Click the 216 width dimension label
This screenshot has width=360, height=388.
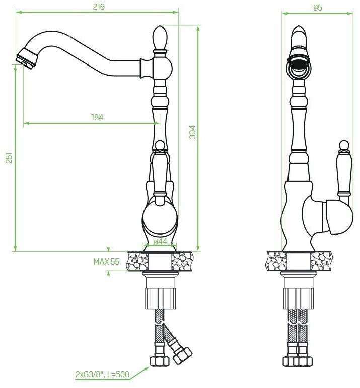99,7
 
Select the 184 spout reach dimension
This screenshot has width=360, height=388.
97,117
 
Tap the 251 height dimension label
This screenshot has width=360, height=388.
9,158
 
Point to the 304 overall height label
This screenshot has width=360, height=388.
192,132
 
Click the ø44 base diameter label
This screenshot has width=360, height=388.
160,241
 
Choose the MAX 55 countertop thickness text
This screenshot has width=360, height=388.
106,262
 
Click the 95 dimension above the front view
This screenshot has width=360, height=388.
318,8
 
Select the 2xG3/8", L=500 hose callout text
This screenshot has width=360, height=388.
102,374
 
